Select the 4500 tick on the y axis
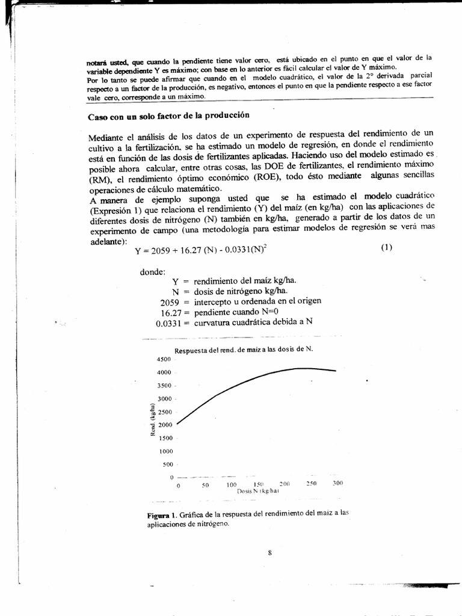(x=164, y=359)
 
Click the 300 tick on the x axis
(x=338, y=484)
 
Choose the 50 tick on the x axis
(x=205, y=484)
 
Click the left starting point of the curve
(x=177, y=423)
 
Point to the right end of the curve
(x=336, y=371)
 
